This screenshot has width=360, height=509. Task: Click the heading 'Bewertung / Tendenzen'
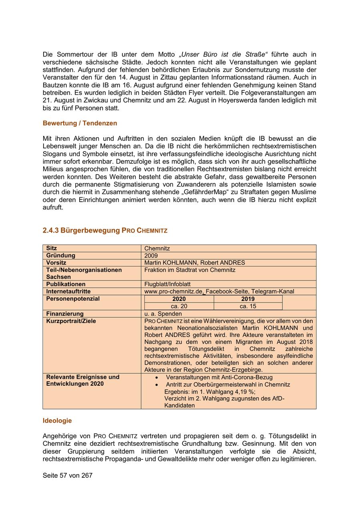[x=80, y=123]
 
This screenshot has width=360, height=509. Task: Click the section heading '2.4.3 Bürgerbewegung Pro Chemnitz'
[x=105, y=230]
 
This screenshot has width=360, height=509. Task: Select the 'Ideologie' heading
[x=57, y=421]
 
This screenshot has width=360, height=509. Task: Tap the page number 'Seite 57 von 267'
[x=68, y=475]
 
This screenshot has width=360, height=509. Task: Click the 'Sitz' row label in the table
[x=52, y=248]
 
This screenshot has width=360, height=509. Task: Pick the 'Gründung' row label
[x=60, y=255]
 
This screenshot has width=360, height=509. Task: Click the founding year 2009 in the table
[x=151, y=256]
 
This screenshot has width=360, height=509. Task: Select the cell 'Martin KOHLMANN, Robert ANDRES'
[x=194, y=263]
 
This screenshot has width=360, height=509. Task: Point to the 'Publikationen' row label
[x=66, y=284]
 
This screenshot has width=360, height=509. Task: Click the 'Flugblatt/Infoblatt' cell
[x=168, y=284]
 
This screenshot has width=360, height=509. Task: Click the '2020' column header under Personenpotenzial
[x=179, y=299]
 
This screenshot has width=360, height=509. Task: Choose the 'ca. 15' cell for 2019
[x=248, y=306]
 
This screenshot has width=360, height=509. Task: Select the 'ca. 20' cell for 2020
[x=179, y=306]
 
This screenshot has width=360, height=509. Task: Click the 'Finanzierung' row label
[x=65, y=314]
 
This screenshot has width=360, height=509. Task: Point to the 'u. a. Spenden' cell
[x=163, y=314]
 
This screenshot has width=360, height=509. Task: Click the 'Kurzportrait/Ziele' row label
[x=71, y=321]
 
